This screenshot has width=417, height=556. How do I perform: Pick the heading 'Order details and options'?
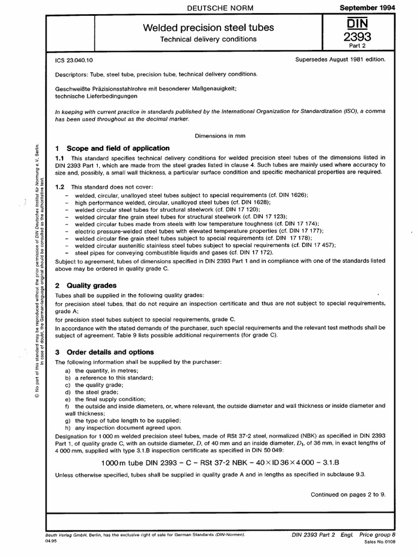pos(110,352)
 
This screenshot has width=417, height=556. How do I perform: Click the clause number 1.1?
pos(61,157)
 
